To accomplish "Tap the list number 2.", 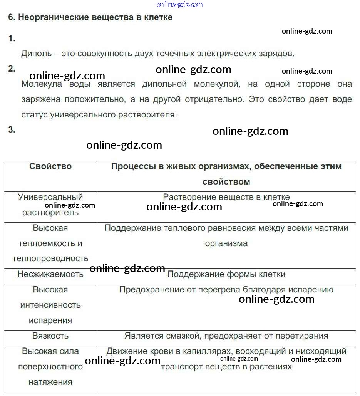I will (12, 69).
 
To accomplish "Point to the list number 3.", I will (12, 130).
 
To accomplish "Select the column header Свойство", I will (50, 166).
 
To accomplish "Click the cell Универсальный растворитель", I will (50, 205).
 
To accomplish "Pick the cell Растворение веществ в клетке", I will (226, 197).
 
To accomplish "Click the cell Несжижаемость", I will (50, 274).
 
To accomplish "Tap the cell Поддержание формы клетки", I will (226, 274).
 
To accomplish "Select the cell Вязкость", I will (50, 336).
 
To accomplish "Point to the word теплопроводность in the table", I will (50, 258).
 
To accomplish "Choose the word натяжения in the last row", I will (50, 382).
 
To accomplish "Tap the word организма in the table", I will (226, 243).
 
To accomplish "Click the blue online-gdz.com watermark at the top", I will (180, 4).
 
